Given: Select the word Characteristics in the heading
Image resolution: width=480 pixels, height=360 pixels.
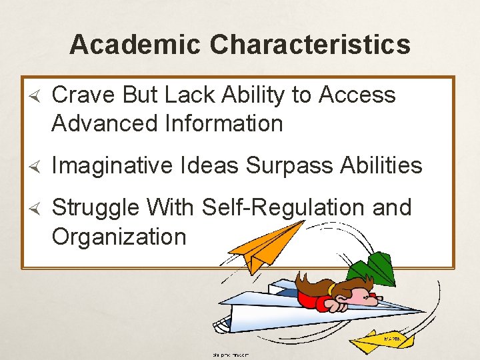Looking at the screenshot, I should coord(309,45).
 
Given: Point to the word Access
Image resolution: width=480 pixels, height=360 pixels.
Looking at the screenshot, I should coord(357,95).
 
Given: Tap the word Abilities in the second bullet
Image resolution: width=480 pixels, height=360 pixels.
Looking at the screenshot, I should coord(382,165).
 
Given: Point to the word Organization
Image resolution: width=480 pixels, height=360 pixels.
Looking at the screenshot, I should coord(119,236).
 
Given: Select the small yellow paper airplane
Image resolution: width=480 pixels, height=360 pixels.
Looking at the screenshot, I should coord(387,342).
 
